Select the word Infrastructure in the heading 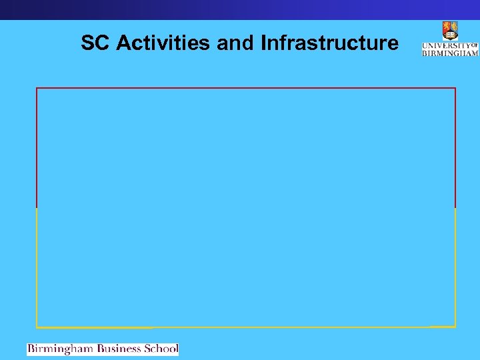[x=330, y=43]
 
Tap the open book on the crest [x=450, y=34]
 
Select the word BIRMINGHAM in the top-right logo [x=450, y=53]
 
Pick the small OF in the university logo [x=475, y=45]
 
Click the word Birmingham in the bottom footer [x=60, y=349]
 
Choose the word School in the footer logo [x=161, y=349]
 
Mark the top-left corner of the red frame [x=37, y=88]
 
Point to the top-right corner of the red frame [x=455, y=88]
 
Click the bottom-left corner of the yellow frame [x=37, y=327]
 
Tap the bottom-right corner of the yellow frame [x=455, y=327]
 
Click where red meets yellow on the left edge [x=37, y=207]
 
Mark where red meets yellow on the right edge [x=455, y=207]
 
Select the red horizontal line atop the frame [x=246, y=88]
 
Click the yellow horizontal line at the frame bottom [x=246, y=327]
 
